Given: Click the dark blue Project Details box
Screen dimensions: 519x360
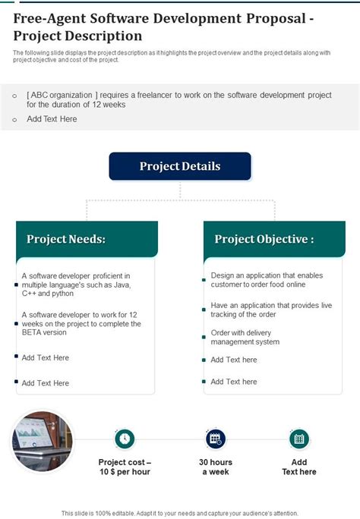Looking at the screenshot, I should (x=180, y=166).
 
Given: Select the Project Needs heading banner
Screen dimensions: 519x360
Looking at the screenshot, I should (x=87, y=239).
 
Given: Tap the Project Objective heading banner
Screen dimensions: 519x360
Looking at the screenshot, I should (x=274, y=239).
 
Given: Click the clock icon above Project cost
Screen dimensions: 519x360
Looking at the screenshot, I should (x=125, y=438).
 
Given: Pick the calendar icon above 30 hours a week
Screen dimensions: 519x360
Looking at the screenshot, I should (x=216, y=438).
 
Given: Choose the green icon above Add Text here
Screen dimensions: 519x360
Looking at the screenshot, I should (x=299, y=438).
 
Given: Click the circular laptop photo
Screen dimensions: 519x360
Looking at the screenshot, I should (x=43, y=441).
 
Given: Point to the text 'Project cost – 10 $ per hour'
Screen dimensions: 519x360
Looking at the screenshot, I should (x=125, y=467).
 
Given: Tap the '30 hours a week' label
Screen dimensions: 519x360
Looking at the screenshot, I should (x=216, y=467).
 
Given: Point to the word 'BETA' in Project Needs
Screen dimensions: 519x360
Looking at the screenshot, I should (x=34, y=332).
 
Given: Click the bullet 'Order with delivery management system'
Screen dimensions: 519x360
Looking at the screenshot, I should (x=245, y=337).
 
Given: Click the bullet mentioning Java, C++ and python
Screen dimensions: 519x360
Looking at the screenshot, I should (x=76, y=284).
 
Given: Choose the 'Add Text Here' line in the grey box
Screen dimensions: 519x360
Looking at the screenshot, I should (x=52, y=119).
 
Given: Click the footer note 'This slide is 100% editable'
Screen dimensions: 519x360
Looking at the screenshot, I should (x=180, y=513).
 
